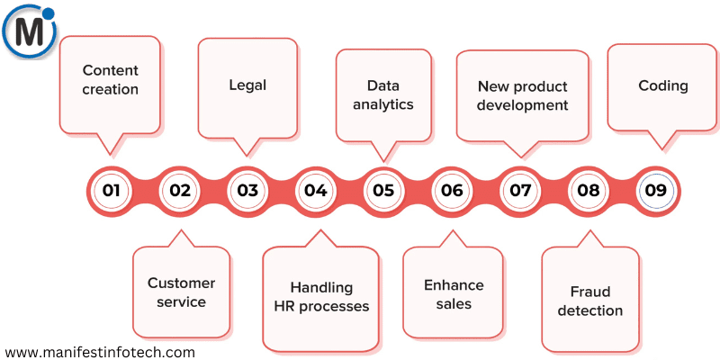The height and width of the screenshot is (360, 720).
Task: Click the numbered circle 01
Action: (x=111, y=190)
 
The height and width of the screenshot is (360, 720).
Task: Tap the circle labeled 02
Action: (x=179, y=190)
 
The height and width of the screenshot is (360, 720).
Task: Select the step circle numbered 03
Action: (x=247, y=190)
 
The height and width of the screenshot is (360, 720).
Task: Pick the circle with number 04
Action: (x=315, y=190)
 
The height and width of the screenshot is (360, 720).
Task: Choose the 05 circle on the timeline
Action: (x=383, y=190)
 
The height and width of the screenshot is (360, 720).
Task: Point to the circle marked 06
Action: (x=452, y=190)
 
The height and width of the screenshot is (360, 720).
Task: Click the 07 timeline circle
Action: (x=520, y=190)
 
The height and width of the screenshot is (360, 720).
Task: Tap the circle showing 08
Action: (x=589, y=190)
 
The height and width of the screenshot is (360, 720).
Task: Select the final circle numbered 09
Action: (x=655, y=190)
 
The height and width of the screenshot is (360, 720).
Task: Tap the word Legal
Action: (x=247, y=85)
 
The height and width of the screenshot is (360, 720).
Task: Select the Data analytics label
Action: (x=383, y=94)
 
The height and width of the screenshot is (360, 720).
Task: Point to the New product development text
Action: (x=522, y=95)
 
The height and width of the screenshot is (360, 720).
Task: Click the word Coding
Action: (x=663, y=85)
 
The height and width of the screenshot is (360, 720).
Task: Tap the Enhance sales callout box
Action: (x=454, y=294)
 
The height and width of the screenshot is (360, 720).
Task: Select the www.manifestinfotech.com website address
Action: (x=100, y=352)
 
